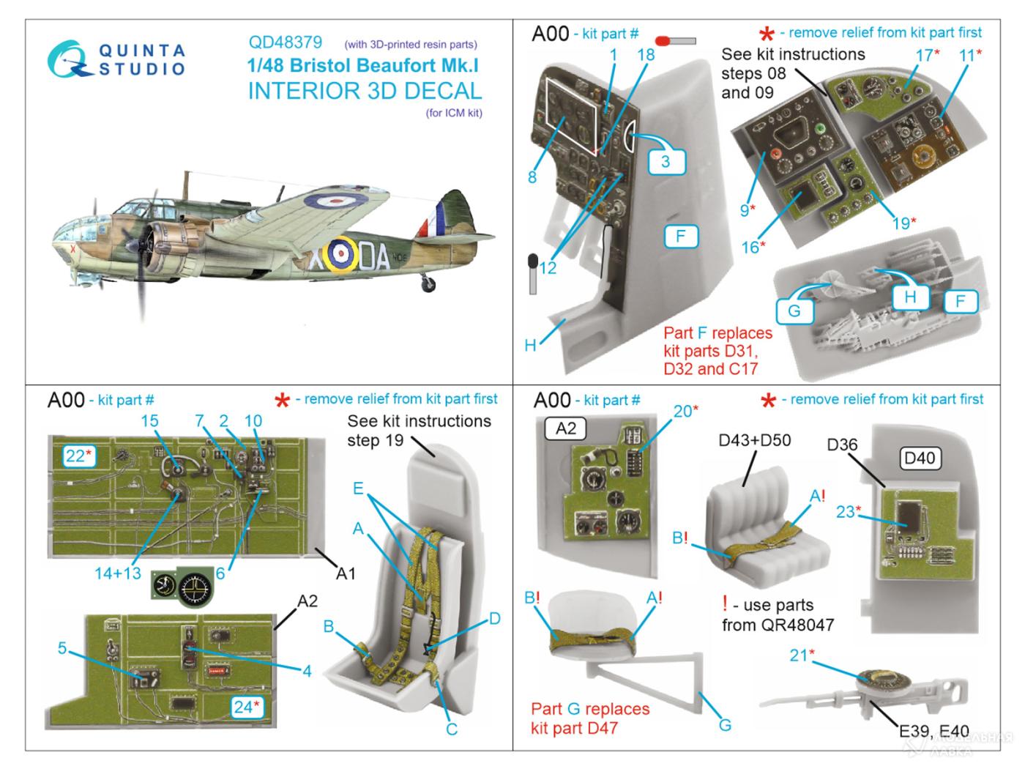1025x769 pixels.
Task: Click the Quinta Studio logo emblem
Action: (70, 59)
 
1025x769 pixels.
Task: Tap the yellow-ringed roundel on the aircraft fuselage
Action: (339, 253)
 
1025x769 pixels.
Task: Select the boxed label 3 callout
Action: (665, 160)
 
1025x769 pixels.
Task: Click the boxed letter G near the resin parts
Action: (794, 310)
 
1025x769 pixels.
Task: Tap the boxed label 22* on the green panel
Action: (78, 456)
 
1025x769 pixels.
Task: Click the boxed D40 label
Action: (920, 458)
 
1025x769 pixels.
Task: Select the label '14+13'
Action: (117, 573)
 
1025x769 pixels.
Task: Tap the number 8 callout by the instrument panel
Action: (532, 177)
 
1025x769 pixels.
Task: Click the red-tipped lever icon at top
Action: (676, 41)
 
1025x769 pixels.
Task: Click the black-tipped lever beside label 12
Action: (533, 271)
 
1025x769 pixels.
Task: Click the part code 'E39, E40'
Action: (933, 731)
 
